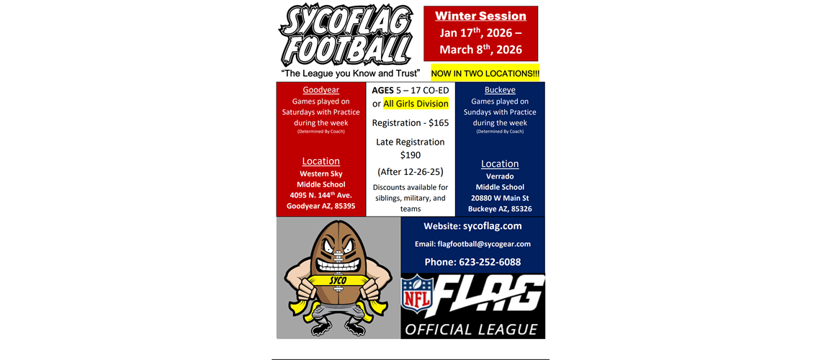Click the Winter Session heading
pyautogui.click(x=480, y=16)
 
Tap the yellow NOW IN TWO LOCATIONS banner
pyautogui.click(x=485, y=74)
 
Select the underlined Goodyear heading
pyautogui.click(x=320, y=90)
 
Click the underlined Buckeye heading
pyautogui.click(x=500, y=90)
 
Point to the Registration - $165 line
pyautogui.click(x=410, y=123)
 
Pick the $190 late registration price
pyautogui.click(x=410, y=155)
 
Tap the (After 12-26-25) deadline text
pyautogui.click(x=410, y=172)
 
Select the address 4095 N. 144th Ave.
pyautogui.click(x=320, y=195)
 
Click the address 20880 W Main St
pyautogui.click(x=500, y=198)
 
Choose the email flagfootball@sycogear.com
pyautogui.click(x=472, y=244)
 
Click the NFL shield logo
pyautogui.click(x=417, y=296)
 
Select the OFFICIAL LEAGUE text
pyautogui.click(x=472, y=330)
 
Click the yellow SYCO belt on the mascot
pyautogui.click(x=338, y=279)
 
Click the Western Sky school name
pyautogui.click(x=320, y=174)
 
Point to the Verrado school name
pyautogui.click(x=500, y=176)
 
